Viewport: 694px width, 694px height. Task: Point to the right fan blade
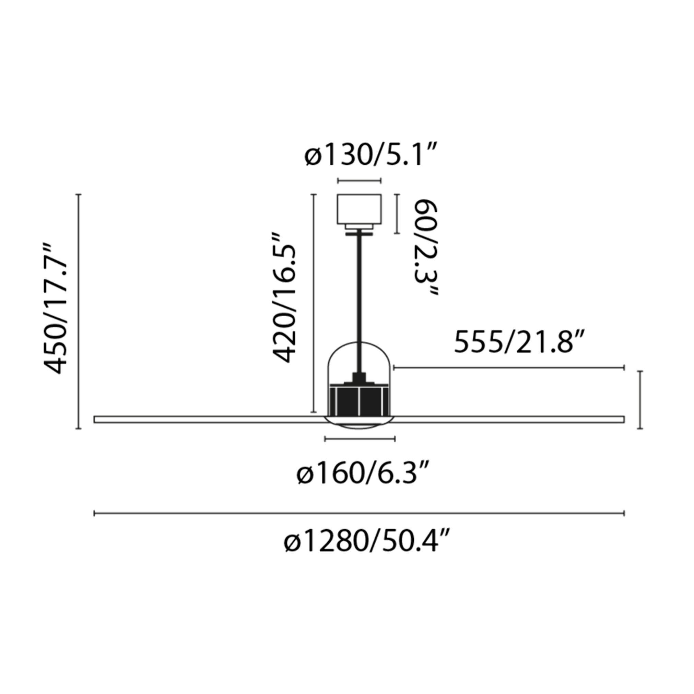[x=510, y=419]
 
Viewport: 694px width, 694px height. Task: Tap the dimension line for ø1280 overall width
[x=359, y=513]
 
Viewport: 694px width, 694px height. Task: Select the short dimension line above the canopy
[x=359, y=181]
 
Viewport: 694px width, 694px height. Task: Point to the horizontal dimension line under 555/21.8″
[x=509, y=367]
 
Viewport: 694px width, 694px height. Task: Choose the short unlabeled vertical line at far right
[x=640, y=400]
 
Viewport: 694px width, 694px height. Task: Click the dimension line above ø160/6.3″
[x=360, y=439]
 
